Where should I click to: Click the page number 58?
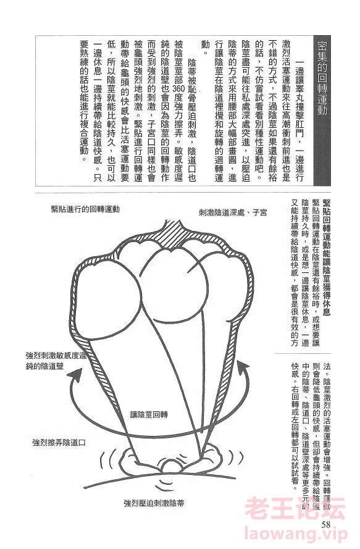tap(325, 524)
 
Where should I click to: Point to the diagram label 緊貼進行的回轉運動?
tap(85, 209)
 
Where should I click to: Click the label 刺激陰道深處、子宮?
tap(233, 212)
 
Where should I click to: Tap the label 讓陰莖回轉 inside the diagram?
tap(149, 415)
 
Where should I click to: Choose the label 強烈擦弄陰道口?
tap(59, 443)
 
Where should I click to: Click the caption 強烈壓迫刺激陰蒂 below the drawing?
tap(154, 503)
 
